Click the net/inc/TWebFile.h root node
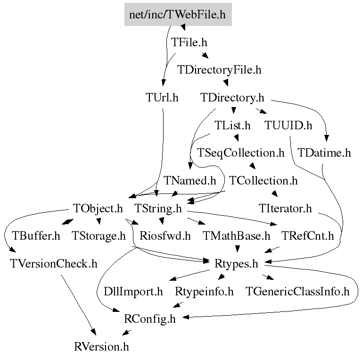178,14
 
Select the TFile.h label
189,42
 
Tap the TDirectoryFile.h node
219,70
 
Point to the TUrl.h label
162,97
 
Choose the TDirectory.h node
232,97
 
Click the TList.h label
232,125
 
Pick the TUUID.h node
288,125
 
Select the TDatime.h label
324,153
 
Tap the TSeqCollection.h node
240,153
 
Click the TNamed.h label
190,180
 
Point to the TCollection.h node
263,180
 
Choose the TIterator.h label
285,208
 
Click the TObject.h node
98,208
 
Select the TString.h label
158,208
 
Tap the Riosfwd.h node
165,236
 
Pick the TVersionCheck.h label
54,264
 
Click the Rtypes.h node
236,264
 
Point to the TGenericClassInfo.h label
297,292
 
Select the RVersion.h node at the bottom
101,347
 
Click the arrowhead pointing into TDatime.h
326,138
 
